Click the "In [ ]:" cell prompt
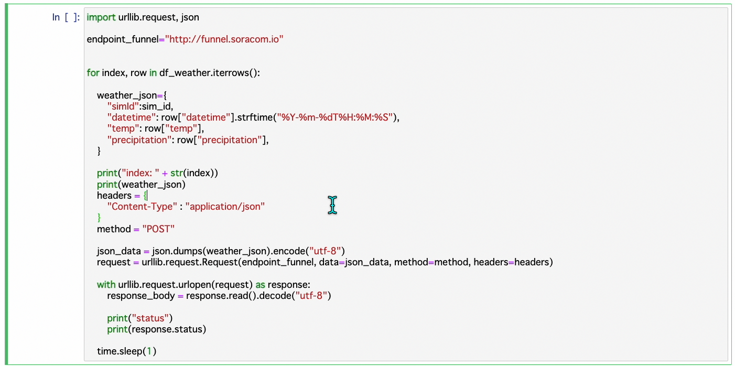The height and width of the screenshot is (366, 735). coord(66,17)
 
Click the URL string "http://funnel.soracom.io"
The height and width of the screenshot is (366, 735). coord(224,39)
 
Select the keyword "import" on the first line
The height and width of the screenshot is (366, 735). coord(101,17)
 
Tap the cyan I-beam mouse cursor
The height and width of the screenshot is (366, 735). coord(332,204)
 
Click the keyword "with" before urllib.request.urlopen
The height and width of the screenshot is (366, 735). coord(106,285)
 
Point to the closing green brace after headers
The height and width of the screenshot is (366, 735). coord(99,218)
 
